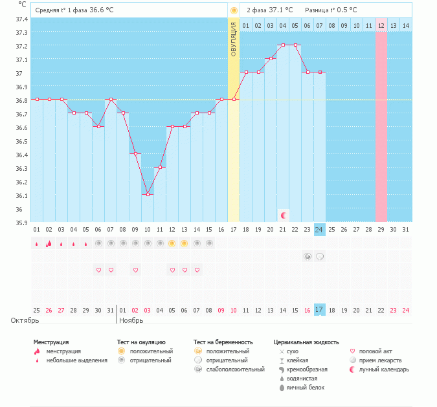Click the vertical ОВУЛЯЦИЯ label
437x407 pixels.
(234, 39)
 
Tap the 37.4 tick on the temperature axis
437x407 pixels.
(21, 19)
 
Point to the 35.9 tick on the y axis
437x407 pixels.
(21, 223)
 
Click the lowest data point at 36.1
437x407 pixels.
(148, 194)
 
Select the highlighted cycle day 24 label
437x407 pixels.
(319, 230)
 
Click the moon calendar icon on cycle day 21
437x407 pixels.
(283, 214)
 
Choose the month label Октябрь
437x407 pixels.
(25, 320)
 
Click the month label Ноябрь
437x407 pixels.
(130, 320)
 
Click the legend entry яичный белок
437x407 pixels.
(306, 388)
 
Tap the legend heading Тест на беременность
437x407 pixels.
(223, 342)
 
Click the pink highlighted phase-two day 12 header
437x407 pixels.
(381, 25)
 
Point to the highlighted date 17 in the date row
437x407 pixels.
(319, 309)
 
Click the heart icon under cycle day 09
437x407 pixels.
(135, 270)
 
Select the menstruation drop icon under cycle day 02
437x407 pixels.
(49, 243)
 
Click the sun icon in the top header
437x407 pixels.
(234, 10)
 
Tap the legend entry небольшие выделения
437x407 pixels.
(76, 360)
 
